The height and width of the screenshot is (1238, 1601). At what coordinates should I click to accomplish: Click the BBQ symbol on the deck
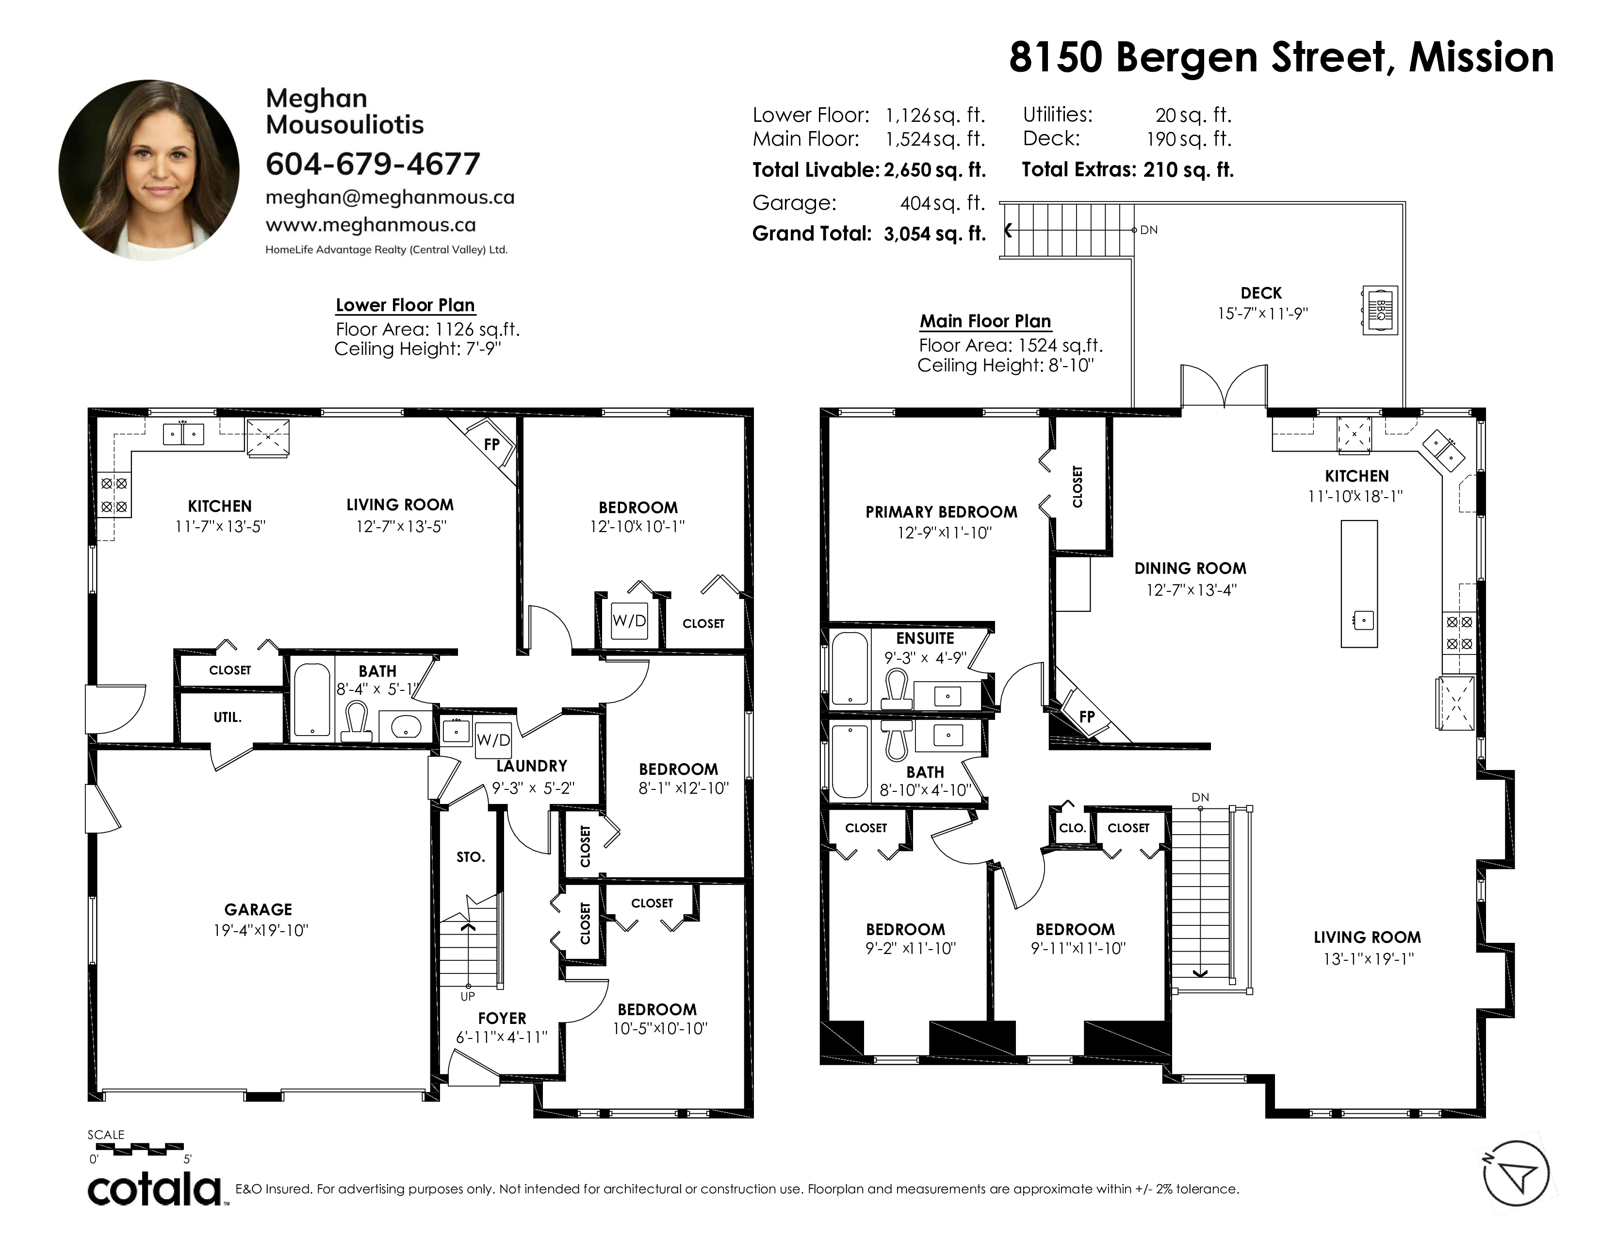pos(1380,310)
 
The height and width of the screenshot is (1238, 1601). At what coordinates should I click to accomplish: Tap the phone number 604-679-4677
pos(373,164)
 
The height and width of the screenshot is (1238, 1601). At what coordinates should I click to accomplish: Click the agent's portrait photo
pos(149,169)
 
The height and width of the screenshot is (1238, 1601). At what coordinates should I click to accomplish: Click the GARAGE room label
pos(258,909)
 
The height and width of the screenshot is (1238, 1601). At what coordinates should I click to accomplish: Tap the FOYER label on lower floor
pos(502,1018)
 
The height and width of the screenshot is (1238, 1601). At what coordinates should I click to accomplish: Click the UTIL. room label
pos(227,717)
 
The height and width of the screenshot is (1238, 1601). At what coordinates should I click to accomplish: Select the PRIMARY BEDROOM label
pos(941,512)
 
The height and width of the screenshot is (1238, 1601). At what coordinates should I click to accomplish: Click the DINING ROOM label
pos(1190,569)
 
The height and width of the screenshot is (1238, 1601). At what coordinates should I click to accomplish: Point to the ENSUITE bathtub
pos(849,668)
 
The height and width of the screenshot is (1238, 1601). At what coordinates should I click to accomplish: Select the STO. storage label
pos(471,856)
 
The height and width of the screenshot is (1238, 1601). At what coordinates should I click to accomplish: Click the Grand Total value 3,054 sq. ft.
pos(935,234)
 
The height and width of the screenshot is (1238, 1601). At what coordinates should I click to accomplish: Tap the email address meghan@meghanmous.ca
pos(390,197)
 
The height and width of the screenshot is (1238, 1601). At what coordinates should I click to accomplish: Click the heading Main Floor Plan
pos(985,321)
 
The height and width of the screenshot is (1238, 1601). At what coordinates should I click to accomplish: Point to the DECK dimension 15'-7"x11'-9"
pos(1262,313)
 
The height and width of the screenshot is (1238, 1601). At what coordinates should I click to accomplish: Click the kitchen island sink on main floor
pos(1363,620)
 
